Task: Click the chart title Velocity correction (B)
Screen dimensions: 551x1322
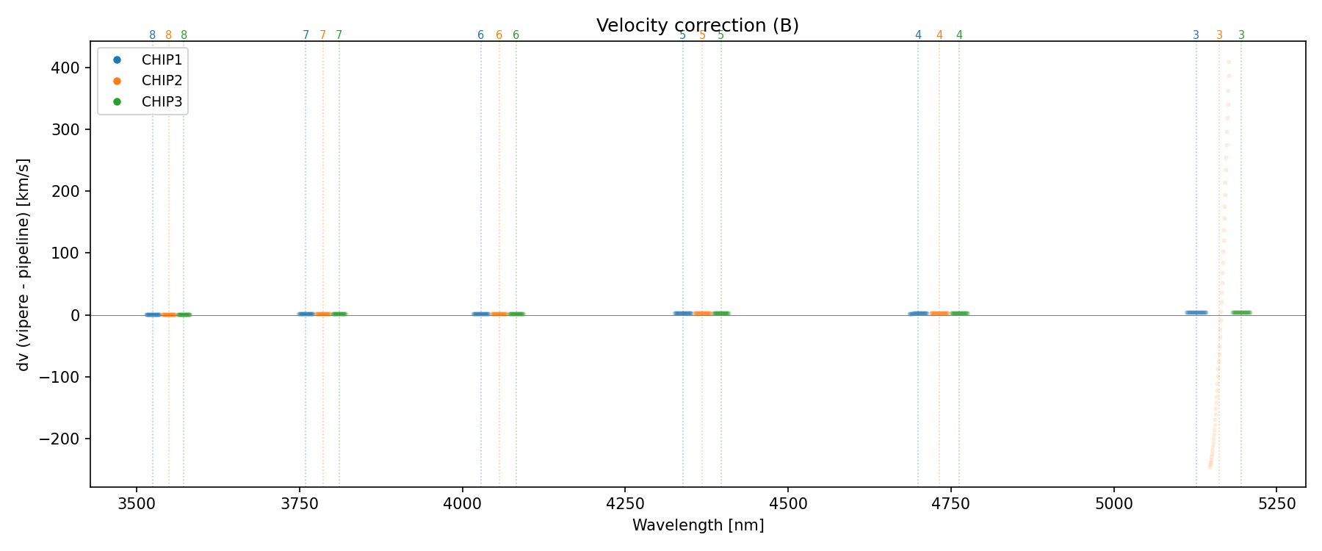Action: [697, 26]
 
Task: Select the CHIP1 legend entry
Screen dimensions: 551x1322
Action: [162, 60]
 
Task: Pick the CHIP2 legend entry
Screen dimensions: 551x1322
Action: [162, 81]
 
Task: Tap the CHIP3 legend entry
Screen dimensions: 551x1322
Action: [162, 102]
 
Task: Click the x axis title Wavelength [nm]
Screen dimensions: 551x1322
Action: [698, 525]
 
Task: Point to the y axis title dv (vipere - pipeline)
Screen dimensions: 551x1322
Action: [24, 264]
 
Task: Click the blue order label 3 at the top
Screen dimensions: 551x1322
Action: [1196, 35]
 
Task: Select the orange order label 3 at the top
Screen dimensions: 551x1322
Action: [1219, 35]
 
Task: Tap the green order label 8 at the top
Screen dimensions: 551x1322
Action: [184, 35]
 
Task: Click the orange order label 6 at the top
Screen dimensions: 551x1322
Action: [499, 35]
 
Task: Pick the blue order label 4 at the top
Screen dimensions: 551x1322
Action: [918, 35]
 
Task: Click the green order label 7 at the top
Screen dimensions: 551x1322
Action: [339, 35]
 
